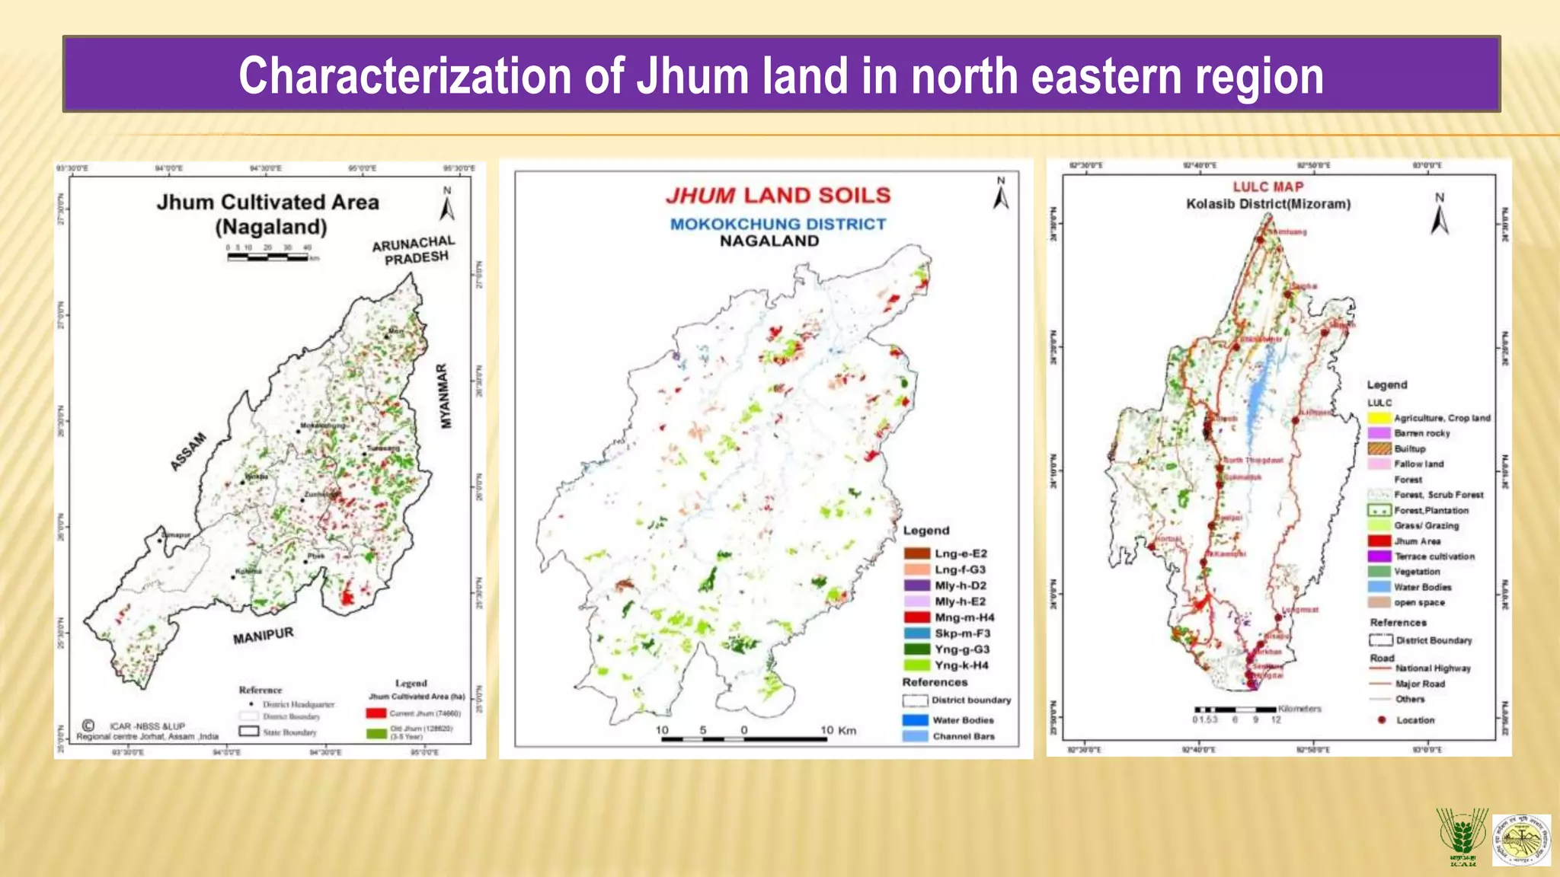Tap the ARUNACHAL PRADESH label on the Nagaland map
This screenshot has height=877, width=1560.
pos(414,250)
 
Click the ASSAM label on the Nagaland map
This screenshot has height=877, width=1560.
pos(188,451)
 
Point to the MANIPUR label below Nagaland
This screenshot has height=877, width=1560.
pos(263,636)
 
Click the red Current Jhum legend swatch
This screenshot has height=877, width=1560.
pos(376,713)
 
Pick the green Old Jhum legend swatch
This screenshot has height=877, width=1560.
pos(376,733)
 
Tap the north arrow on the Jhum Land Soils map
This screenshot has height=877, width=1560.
pos(1000,194)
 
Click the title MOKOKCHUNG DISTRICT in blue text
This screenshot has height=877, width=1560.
pos(778,224)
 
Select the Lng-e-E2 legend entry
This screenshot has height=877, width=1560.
pos(948,553)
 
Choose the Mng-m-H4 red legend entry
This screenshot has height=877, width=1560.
pos(949,617)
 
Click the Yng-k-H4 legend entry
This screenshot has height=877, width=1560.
pos(948,665)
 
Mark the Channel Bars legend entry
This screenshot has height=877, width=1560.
pos(949,736)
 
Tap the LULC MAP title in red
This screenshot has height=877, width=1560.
pos(1268,187)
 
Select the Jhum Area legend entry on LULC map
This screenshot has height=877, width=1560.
pos(1405,541)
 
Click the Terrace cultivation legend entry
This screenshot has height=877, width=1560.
pos(1421,556)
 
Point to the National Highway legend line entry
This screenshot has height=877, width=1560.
pos(1420,668)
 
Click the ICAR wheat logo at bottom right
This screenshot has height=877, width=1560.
pos(1461,837)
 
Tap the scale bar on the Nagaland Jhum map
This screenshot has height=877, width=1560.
pos(267,257)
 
